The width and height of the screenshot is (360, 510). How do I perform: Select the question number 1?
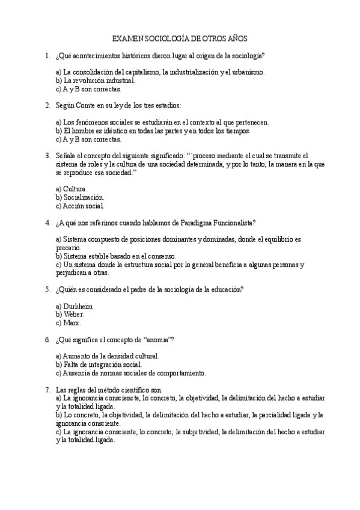click(47, 56)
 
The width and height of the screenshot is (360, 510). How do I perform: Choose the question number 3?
click(47, 155)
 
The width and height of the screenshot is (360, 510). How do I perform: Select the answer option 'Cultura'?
click(75, 188)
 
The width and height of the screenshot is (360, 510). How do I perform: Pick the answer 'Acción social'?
click(84, 205)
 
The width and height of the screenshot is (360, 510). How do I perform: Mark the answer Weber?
click(73, 314)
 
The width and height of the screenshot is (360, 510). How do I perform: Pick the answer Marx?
click(72, 322)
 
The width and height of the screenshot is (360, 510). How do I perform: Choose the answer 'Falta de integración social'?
click(102, 364)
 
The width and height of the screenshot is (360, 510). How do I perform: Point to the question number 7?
click(47, 389)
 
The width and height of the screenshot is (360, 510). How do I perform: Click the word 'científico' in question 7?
click(136, 389)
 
